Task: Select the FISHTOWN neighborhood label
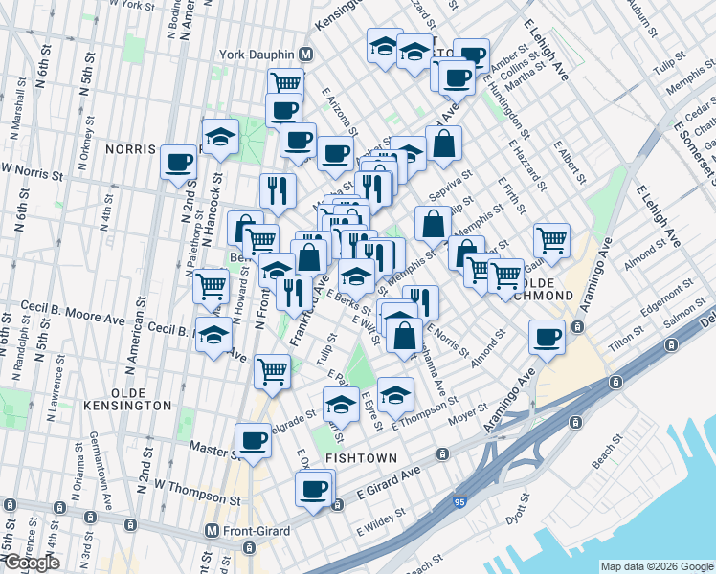(x=356, y=458)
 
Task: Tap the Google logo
(x=30, y=563)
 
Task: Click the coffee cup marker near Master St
(x=253, y=440)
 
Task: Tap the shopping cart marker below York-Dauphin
(x=284, y=83)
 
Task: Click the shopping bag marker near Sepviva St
(x=444, y=143)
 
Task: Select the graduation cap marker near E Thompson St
(x=395, y=394)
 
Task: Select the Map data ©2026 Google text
(x=657, y=565)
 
